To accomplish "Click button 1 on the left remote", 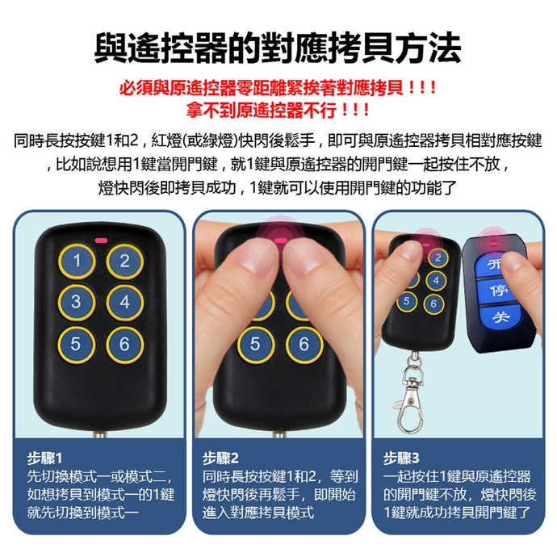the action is (x=77, y=262).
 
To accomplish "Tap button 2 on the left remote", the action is (x=124, y=262).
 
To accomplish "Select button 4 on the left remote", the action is (x=124, y=302).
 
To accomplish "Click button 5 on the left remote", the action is (x=77, y=344).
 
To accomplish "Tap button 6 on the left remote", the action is (x=124, y=344).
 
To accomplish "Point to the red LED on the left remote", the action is (x=101, y=241).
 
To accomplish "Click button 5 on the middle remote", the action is (x=256, y=344).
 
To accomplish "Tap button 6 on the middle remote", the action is (x=304, y=344).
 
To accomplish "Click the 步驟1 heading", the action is (x=44, y=459).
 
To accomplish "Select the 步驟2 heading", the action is (x=220, y=459).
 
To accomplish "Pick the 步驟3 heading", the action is (x=401, y=459).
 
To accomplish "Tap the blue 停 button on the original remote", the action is (x=496, y=291).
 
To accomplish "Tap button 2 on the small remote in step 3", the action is (x=438, y=258).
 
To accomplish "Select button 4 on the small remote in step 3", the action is (x=436, y=281).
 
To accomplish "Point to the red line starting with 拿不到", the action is (x=278, y=110).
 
